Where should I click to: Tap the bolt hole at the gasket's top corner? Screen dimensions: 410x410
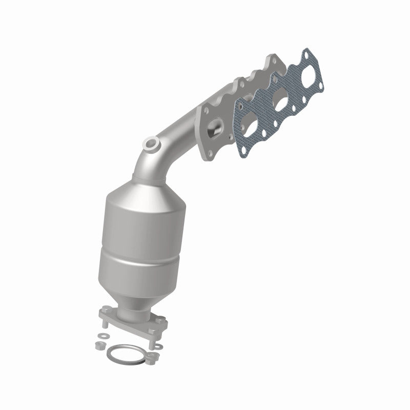click(307, 53)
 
